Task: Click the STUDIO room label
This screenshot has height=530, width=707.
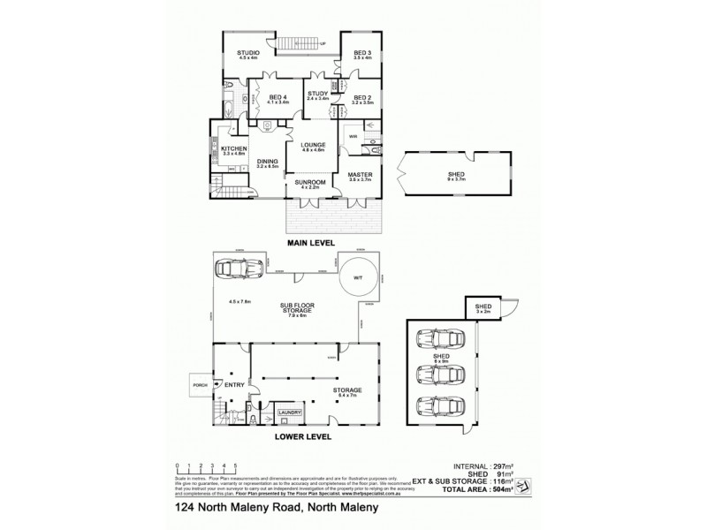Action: click(x=248, y=53)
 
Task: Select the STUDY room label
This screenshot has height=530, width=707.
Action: click(x=317, y=93)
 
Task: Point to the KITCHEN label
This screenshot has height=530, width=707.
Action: click(x=233, y=148)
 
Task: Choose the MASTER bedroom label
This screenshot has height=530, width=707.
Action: click(x=358, y=175)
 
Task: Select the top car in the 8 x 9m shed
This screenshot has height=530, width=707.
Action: click(x=437, y=339)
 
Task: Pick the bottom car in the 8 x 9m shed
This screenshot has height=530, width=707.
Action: click(x=437, y=407)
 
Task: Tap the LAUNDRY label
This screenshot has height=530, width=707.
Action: click(x=291, y=413)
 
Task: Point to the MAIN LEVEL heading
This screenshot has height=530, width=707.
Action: click(x=308, y=240)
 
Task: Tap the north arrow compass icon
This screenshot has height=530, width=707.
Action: click(x=522, y=483)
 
